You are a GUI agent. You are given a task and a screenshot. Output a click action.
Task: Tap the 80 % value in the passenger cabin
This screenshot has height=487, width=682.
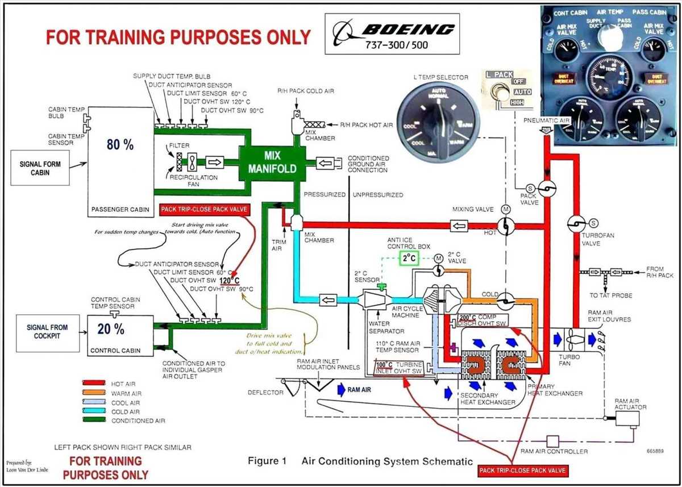pyautogui.click(x=120, y=144)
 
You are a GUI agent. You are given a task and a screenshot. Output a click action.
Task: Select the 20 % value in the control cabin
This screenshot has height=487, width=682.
pyautogui.click(x=110, y=329)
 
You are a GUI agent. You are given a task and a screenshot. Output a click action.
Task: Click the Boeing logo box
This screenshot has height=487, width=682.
pyautogui.click(x=392, y=34)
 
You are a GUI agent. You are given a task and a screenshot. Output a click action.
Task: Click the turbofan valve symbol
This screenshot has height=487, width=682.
pyautogui.click(x=576, y=223)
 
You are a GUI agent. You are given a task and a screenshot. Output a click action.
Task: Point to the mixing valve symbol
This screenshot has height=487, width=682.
pyautogui.click(x=505, y=226)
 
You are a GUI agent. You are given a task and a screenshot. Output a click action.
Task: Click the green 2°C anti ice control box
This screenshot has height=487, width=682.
pyautogui.click(x=409, y=259)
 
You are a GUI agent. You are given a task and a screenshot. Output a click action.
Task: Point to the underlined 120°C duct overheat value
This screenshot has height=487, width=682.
pyautogui.click(x=229, y=281)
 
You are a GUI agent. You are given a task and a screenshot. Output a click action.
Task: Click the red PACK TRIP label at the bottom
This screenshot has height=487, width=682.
pyautogui.click(x=523, y=471)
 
